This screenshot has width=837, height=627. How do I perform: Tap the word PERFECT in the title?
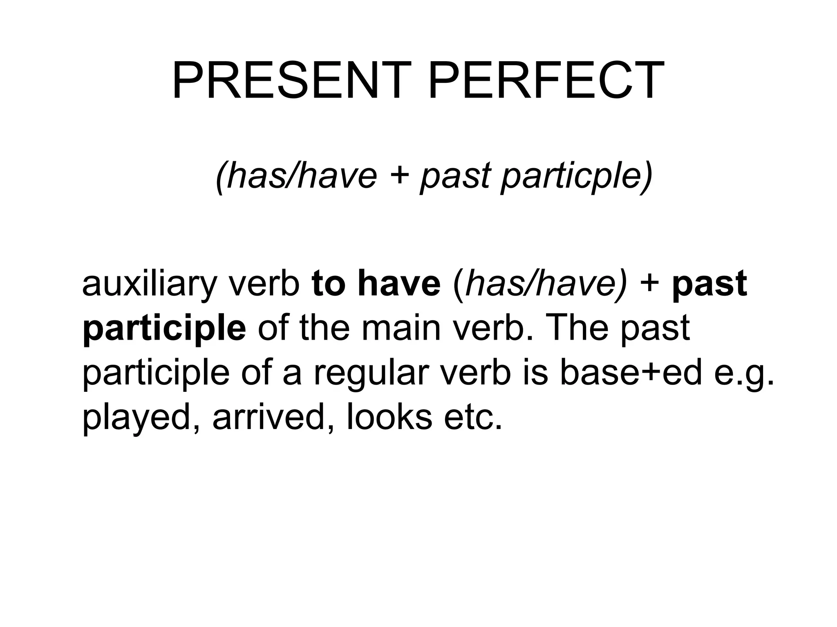[x=546, y=81]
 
